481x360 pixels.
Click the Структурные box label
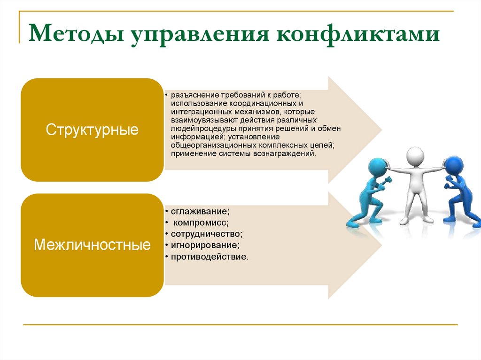point(92,130)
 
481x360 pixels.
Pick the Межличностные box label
point(92,245)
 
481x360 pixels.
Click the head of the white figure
point(415,156)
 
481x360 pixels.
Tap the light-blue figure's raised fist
point(388,180)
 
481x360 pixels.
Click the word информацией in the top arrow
point(193,137)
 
